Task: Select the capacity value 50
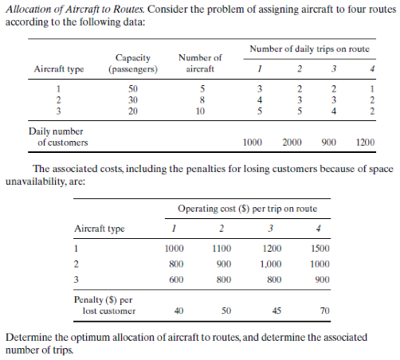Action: [134, 88]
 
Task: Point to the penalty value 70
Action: [319, 311]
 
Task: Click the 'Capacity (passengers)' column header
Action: [134, 63]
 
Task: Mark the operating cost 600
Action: [176, 280]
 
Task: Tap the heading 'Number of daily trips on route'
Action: [309, 49]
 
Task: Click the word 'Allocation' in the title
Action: [28, 7]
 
